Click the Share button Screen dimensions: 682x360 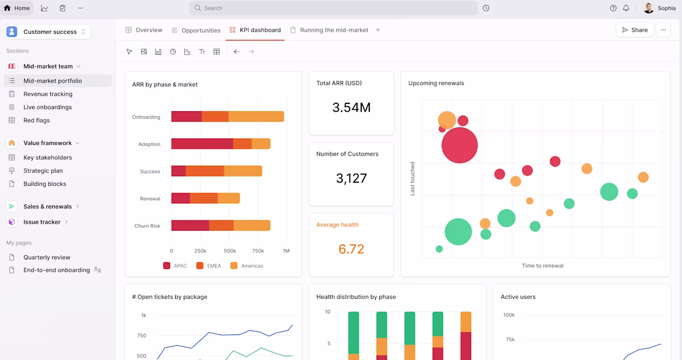pyautogui.click(x=635, y=30)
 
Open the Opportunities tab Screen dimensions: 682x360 pyautogui.click(x=196, y=30)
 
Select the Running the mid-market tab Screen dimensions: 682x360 pyautogui.click(x=329, y=30)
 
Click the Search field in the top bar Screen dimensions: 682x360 pyautogui.click(x=333, y=8)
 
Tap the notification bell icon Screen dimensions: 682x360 pyautogui.click(x=626, y=8)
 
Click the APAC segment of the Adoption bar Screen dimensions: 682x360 pyautogui.click(x=202, y=144)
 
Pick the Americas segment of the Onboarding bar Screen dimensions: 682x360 pyautogui.click(x=256, y=117)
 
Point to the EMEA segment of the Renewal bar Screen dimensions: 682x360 pyautogui.click(x=204, y=198)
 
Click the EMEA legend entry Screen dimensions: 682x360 pyautogui.click(x=208, y=266)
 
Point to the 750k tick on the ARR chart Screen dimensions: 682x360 pyautogui.click(x=258, y=251)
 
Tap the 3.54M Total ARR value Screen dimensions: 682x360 pyautogui.click(x=351, y=108)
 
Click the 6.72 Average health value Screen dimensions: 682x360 pyautogui.click(x=351, y=249)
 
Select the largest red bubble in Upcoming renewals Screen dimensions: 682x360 pyautogui.click(x=459, y=145)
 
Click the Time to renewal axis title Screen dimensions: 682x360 pyautogui.click(x=542, y=266)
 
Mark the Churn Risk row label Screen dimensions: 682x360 pyautogui.click(x=148, y=226)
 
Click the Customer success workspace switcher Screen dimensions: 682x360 pyautogui.click(x=47, y=31)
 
